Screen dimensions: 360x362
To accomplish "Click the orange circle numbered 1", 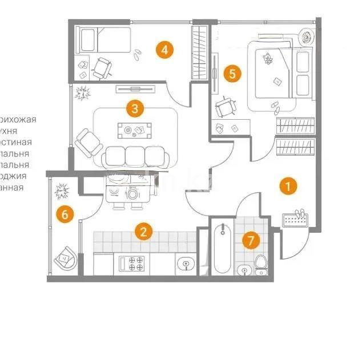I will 288,185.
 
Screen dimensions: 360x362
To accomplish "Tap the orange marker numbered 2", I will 143,232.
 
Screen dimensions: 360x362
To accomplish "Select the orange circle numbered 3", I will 134,108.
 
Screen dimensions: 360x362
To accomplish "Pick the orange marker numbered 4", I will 164,50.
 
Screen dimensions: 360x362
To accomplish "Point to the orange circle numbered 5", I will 231,73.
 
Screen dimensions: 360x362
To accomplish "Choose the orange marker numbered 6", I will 65,215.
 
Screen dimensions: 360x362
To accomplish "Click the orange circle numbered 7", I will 250,240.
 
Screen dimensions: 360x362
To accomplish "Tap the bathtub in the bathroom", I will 223,249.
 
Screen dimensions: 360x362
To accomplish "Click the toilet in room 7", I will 260,265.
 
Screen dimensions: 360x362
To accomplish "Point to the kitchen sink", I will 184,264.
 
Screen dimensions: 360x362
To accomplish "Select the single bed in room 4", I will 103,39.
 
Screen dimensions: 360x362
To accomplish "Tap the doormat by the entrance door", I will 295,219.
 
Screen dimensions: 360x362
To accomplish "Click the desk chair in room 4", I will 103,68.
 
